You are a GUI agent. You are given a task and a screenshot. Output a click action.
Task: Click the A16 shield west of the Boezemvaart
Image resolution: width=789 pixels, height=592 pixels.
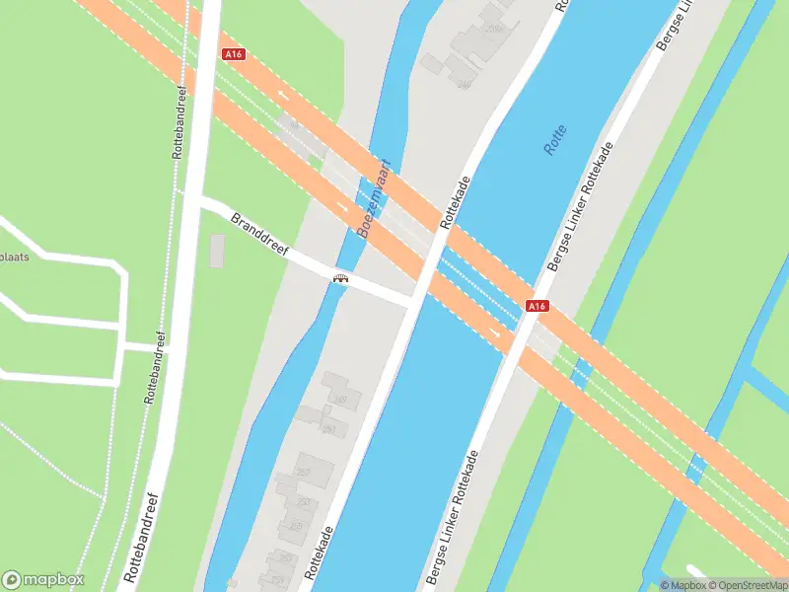234,55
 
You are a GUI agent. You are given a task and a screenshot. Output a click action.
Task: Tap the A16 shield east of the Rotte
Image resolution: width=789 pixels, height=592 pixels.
537,307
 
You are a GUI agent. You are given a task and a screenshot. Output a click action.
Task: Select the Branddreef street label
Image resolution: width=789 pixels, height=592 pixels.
259,235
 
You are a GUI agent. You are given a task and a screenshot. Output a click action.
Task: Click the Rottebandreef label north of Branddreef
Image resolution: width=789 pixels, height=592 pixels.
179,122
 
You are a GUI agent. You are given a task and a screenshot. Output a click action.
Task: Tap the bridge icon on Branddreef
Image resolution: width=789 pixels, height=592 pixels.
341,278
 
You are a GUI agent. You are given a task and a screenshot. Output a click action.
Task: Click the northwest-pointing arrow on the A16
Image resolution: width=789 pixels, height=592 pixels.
286,97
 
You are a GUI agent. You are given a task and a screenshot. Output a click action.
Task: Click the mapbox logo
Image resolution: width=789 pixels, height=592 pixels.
43,580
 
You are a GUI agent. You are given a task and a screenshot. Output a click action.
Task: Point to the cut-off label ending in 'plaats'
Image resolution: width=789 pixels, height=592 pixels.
14,258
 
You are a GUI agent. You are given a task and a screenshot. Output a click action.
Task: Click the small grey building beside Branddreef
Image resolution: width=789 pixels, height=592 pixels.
217,251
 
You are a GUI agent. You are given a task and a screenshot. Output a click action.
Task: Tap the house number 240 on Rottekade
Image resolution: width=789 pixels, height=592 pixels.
464,85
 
